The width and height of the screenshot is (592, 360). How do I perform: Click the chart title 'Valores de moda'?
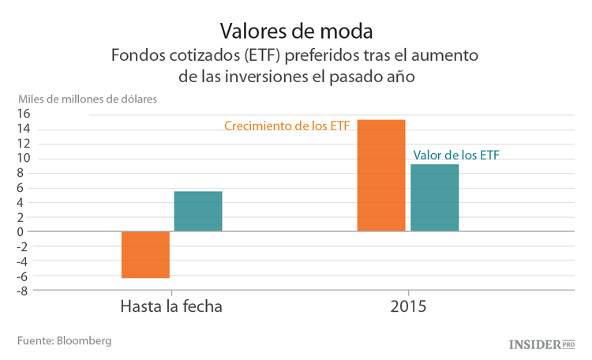pos(295,31)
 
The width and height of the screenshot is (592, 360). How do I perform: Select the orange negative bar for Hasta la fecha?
pos(145,255)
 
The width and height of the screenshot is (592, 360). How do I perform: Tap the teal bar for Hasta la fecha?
pos(198,212)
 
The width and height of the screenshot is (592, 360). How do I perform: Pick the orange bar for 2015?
pos(381,175)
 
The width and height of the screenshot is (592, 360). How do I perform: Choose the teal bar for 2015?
pos(434,198)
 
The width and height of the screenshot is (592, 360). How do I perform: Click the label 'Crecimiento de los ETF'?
pos(287,126)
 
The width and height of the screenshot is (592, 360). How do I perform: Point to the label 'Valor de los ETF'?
pos(458,155)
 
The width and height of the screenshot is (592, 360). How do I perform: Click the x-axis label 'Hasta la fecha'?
pos(171,306)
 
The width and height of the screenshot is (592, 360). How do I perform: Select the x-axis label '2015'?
pos(408,306)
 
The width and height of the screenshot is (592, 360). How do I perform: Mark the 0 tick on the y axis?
pos(26,232)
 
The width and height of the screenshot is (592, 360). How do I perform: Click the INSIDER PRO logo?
pos(541,344)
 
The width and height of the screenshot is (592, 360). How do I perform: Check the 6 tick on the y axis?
pos(26,188)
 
